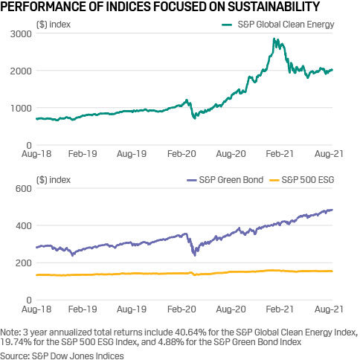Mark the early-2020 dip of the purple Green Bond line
point(195,254)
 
